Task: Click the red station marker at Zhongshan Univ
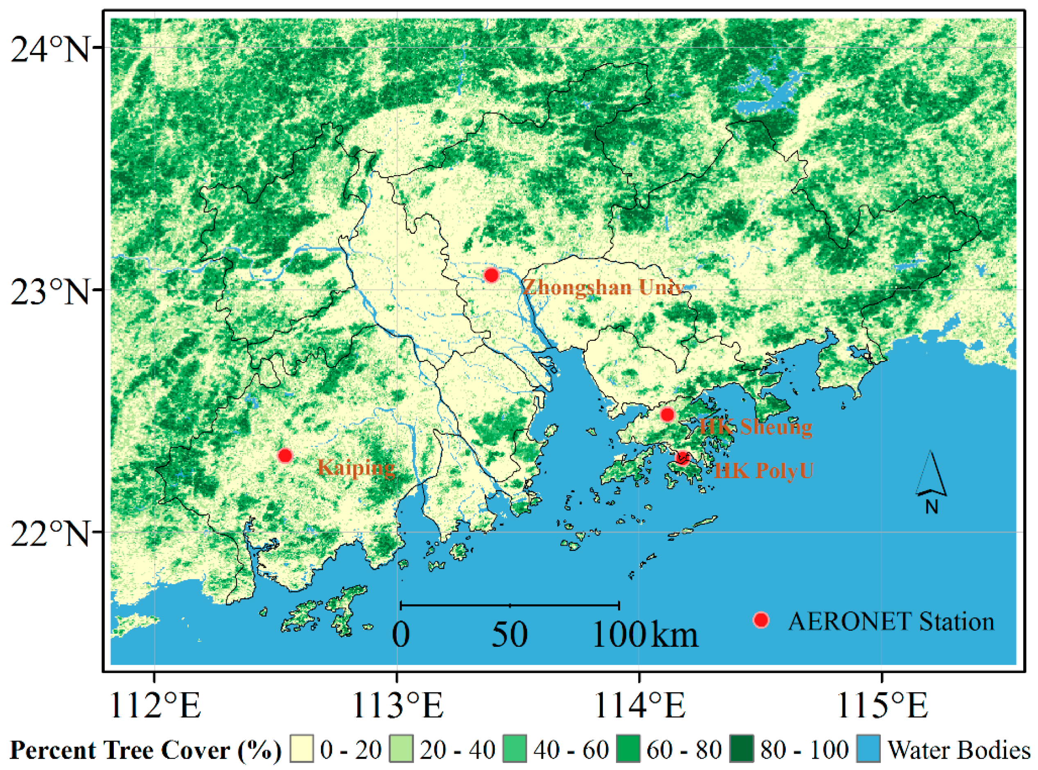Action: pyautogui.click(x=491, y=275)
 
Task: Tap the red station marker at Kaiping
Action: pyautogui.click(x=285, y=455)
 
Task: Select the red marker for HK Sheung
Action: pyautogui.click(x=668, y=414)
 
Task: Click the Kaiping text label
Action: pyautogui.click(x=356, y=467)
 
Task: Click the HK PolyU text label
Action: pyautogui.click(x=763, y=471)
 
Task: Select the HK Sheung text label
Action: pyautogui.click(x=755, y=427)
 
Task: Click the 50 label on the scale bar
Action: pyautogui.click(x=510, y=635)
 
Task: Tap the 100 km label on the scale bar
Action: pyautogui.click(x=645, y=635)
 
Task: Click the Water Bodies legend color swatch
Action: pyautogui.click(x=868, y=750)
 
